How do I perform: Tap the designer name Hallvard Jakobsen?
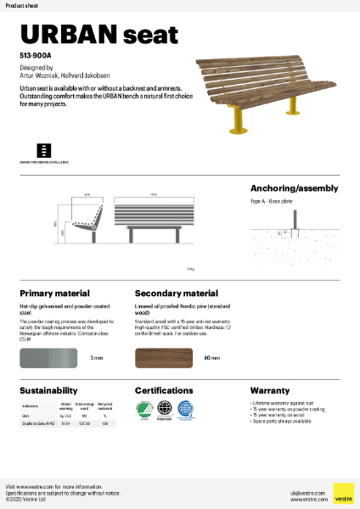86,74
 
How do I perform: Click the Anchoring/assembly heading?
294,187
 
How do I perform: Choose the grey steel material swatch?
48,358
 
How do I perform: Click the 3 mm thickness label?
97,359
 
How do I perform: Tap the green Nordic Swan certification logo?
145,411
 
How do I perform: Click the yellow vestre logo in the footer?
343,494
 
